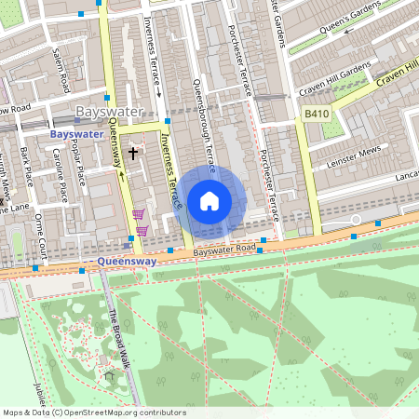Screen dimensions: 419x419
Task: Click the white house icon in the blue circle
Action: [209, 200]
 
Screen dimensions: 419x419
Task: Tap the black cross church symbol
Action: [133, 152]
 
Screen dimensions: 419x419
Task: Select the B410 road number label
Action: [316, 113]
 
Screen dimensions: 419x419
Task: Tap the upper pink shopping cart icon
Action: [138, 214]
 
